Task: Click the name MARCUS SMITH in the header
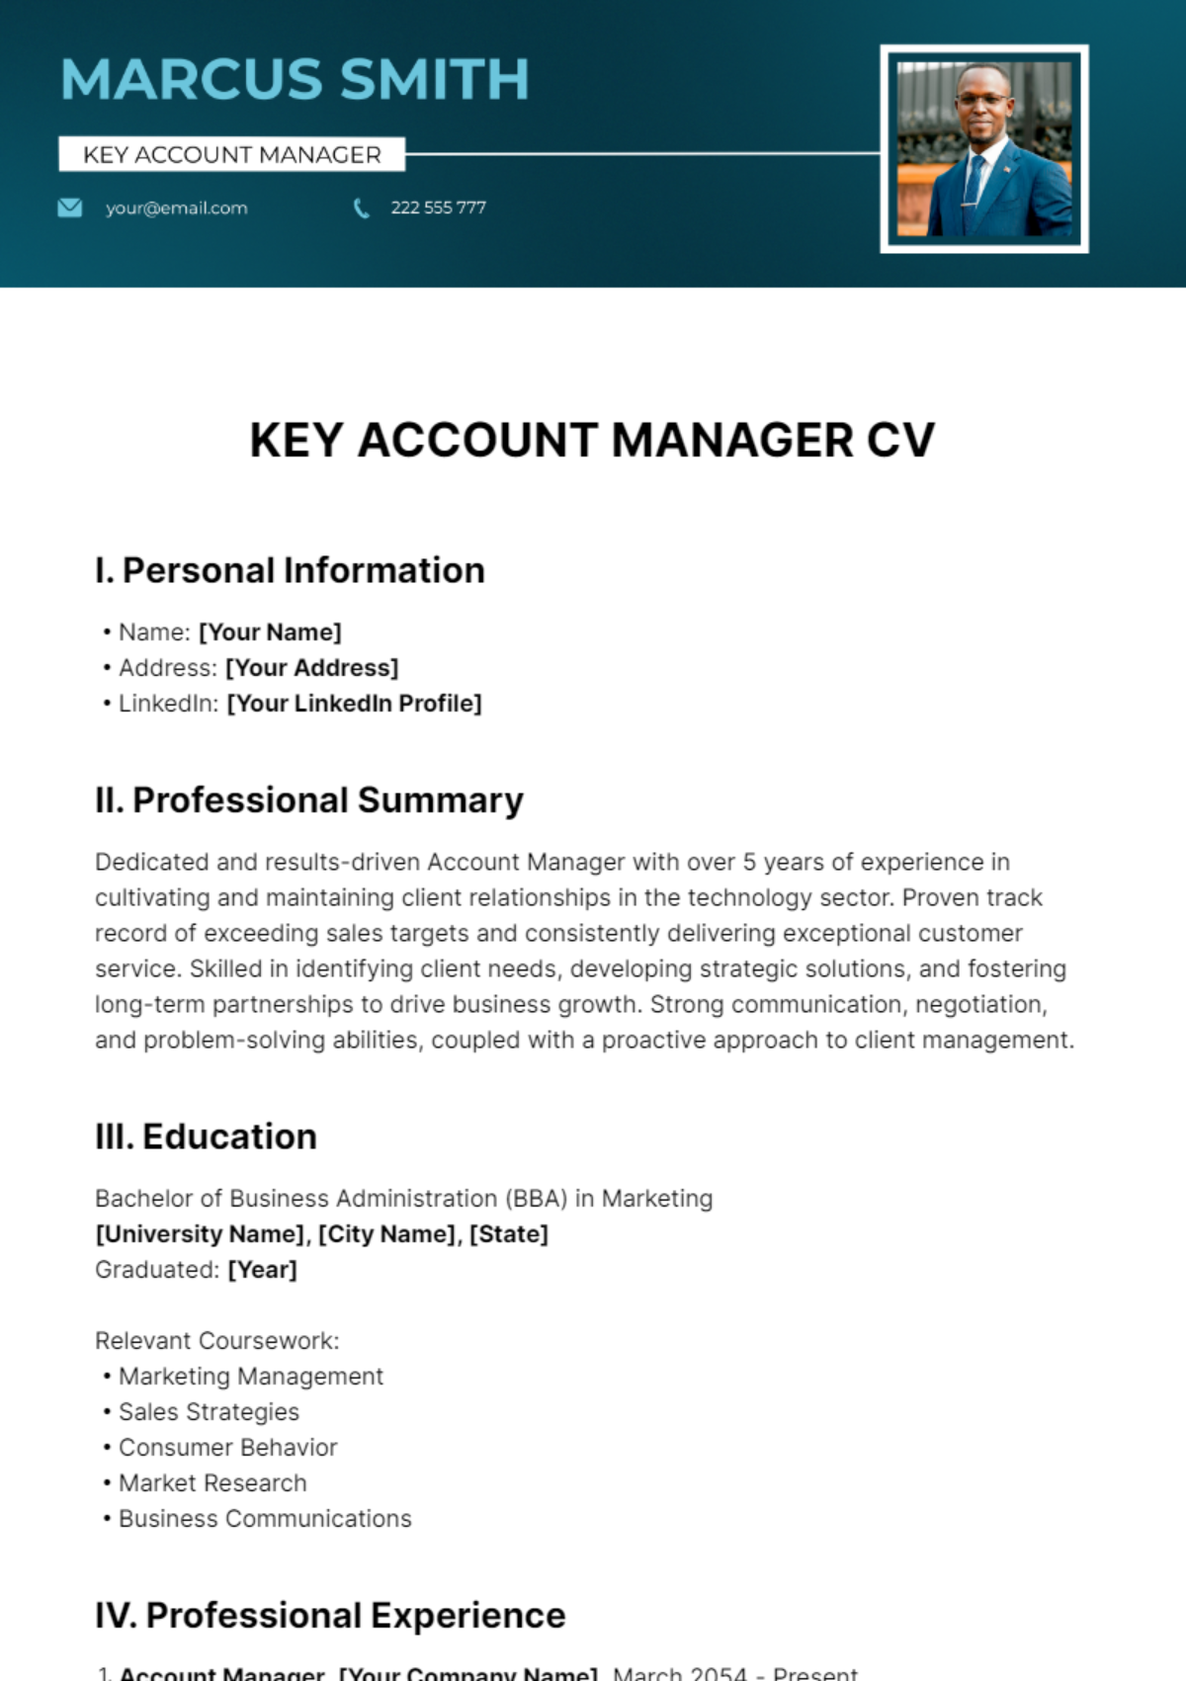coord(295,79)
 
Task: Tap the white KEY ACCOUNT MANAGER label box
coord(232,155)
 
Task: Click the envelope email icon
coord(70,208)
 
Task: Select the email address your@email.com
coord(177,209)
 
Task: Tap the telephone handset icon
coord(362,209)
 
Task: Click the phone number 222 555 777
coord(438,208)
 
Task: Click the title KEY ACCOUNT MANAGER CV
coord(592,441)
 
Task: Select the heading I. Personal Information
coord(290,571)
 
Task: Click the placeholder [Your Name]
coord(270,632)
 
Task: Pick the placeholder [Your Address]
coord(311,668)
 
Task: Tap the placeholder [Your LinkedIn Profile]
coord(354,704)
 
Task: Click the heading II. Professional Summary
coord(308,800)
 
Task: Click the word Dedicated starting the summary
coord(151,863)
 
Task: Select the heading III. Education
coord(206,1137)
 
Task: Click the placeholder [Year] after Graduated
coord(262,1270)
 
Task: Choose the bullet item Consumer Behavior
coord(227,1448)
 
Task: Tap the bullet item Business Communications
coord(265,1519)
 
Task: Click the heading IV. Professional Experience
coord(330,1616)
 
